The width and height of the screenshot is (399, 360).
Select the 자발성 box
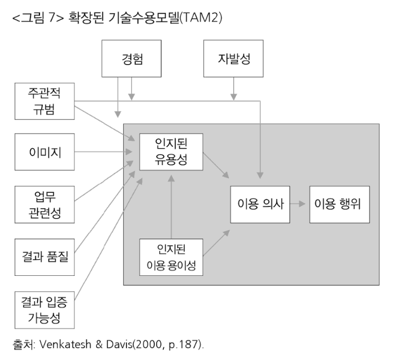tap(233, 58)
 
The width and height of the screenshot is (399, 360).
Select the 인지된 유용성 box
tap(171, 152)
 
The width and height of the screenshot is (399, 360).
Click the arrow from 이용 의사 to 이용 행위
tap(298, 204)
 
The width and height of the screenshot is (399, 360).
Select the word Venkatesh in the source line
tap(65, 345)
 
